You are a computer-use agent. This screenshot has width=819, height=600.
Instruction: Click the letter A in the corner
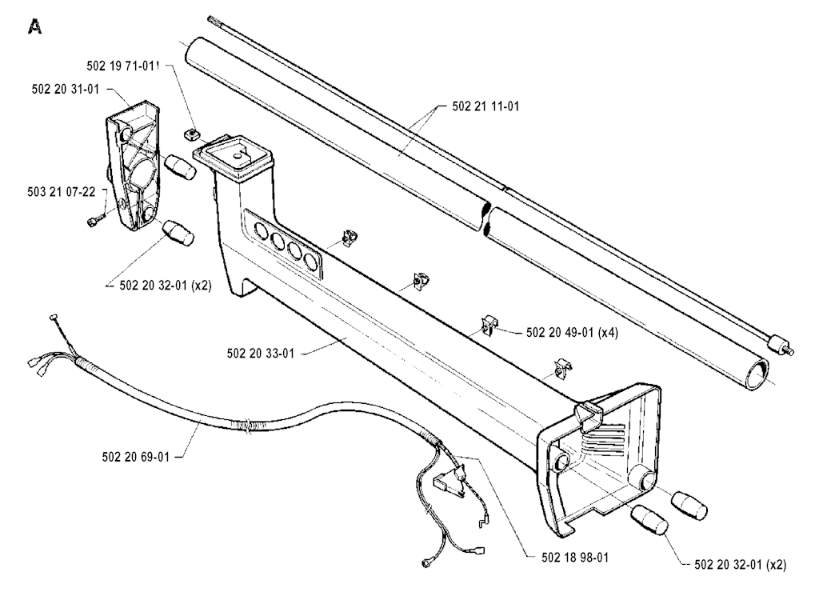coord(35,26)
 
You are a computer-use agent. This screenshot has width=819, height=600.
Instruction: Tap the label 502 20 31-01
coord(66,90)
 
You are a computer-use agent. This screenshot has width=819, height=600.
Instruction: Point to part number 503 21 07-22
coord(62,192)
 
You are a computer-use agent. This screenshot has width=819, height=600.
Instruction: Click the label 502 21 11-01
coord(485,106)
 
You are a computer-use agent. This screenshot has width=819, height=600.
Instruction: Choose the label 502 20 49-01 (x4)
coord(572,333)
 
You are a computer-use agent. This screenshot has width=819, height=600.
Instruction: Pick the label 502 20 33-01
coord(261,354)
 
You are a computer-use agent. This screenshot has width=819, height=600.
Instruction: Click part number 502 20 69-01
coord(136,457)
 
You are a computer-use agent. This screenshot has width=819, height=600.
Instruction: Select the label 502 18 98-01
coord(574,558)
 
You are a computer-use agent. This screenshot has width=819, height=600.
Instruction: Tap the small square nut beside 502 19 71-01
coord(192,134)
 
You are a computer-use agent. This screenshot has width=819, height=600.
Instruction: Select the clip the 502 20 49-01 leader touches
coord(489,324)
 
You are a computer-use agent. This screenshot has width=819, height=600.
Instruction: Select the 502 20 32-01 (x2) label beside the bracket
coord(165,286)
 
